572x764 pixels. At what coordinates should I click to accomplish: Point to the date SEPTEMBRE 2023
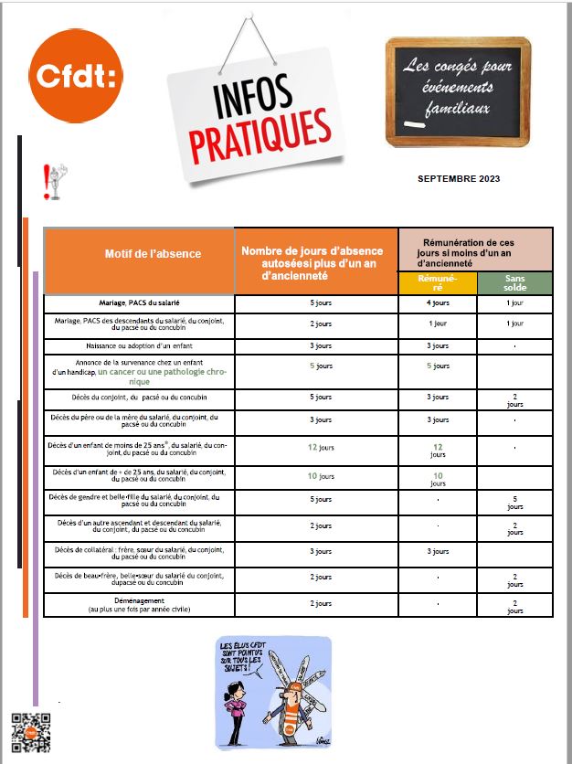point(458,179)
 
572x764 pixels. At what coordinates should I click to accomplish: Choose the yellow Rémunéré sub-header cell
point(437,283)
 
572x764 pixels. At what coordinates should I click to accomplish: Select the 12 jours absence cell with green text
point(316,448)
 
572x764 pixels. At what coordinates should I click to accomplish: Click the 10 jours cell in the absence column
point(316,476)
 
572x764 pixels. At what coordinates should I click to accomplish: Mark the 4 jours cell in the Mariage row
point(437,302)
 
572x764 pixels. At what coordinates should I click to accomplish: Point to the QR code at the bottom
point(29,732)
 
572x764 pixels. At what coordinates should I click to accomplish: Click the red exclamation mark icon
point(53,182)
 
